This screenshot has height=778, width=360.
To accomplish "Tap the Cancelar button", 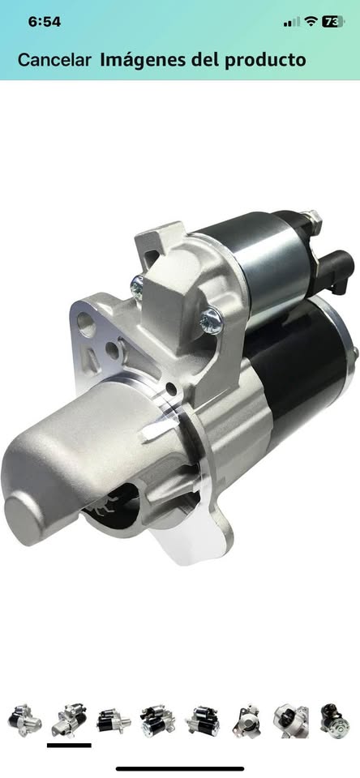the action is point(54,60).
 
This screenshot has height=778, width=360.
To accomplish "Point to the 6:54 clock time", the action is point(45,22).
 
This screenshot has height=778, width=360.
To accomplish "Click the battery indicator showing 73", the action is point(333,22).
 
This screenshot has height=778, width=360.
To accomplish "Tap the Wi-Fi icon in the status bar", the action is point(311,21).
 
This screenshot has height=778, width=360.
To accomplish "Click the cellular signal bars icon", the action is point(291,22).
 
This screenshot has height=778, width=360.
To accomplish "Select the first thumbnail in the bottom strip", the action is point(24,720).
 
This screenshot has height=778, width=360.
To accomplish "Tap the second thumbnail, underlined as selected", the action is point(69,720).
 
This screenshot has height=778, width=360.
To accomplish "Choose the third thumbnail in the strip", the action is point(114,720).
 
